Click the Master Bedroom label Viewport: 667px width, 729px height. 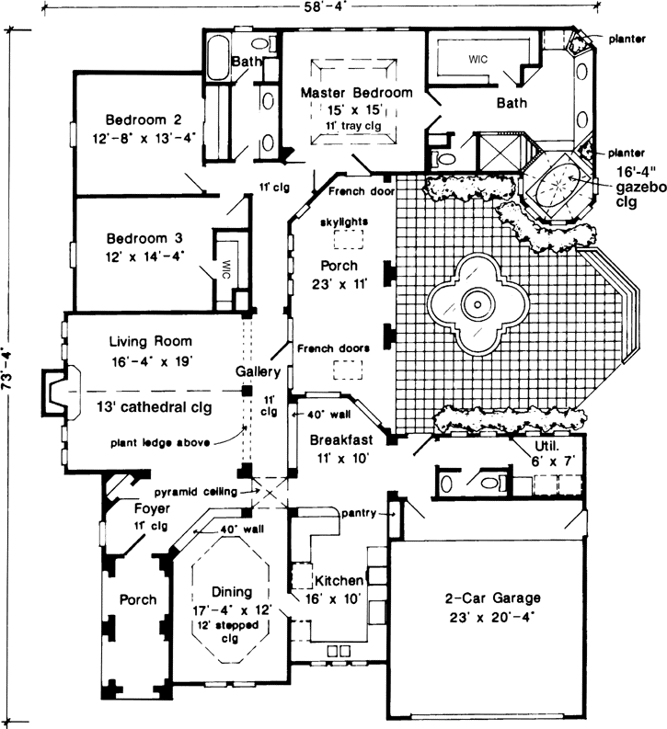[x=356, y=93]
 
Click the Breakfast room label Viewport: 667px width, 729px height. [x=339, y=439]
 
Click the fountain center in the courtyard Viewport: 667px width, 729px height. [x=477, y=302]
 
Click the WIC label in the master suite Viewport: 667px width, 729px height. [x=478, y=59]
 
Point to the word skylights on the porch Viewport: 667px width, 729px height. [x=345, y=222]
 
